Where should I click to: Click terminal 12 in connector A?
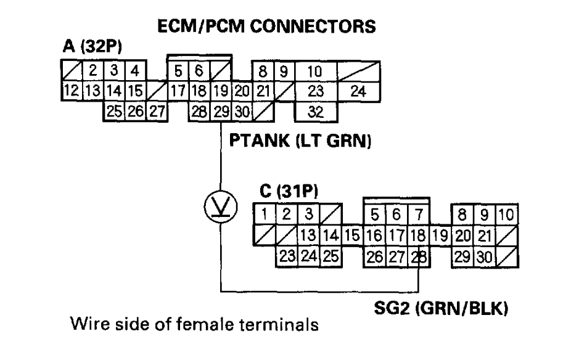coord(70,91)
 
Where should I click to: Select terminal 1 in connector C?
coord(264,215)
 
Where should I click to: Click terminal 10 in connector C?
coord(506,215)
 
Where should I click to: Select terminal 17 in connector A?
coord(178,91)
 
